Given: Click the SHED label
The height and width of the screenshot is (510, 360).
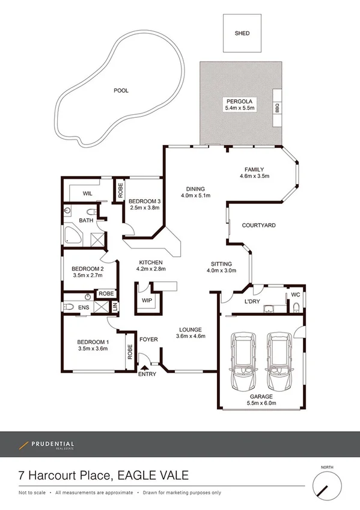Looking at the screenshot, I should point(242,33).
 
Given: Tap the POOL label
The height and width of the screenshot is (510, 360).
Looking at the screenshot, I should point(121,91).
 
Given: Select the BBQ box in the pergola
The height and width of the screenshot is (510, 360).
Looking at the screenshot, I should point(278,108).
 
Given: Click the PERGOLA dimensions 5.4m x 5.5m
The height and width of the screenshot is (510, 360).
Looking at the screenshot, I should point(240,108).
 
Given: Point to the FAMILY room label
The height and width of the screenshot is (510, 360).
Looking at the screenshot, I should point(255,169).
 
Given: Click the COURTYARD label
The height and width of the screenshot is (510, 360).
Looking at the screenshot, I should point(258,226).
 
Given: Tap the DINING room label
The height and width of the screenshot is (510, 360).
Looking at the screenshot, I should point(195,188).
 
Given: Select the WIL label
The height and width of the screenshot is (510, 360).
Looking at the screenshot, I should point(87,194).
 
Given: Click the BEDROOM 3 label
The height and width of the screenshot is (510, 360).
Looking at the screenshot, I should point(145,201).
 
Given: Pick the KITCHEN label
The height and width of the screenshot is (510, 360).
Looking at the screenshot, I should point(151,263).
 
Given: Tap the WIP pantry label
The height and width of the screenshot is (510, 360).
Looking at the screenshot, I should point(147,300).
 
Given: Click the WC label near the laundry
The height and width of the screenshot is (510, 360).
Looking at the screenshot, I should point(295,295).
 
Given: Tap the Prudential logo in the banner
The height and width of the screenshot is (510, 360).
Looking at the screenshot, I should point(46,445).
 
